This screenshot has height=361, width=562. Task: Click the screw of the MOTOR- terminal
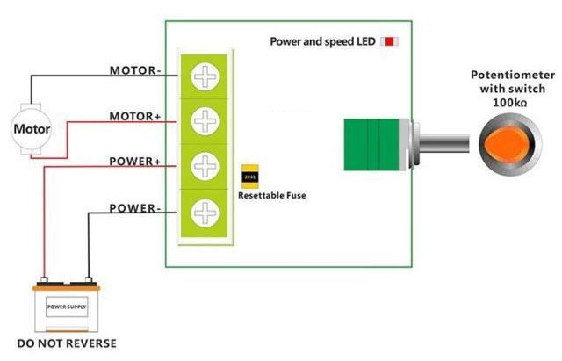[x=205, y=77]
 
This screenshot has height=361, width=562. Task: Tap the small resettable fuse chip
[x=249, y=177]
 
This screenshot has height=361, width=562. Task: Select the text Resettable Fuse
[x=272, y=195]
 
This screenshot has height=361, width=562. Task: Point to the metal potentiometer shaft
[x=443, y=143]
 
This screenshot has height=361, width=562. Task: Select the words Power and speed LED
[x=322, y=41]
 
